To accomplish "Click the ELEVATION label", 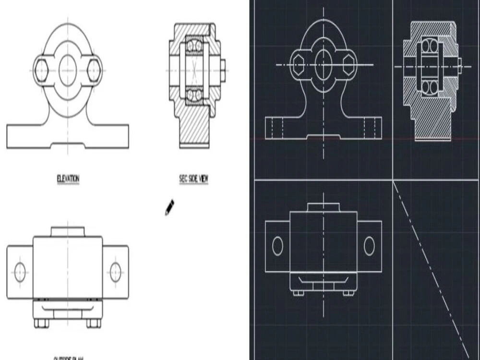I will [x=68, y=179].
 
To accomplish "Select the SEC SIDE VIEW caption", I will [x=194, y=179].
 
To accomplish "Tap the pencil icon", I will [x=169, y=207].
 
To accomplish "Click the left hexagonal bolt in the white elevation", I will [x=41, y=71].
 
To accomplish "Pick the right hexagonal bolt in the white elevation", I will [x=94, y=71].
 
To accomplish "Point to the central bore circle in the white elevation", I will [x=68, y=71].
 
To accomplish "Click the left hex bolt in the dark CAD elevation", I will [x=299, y=64].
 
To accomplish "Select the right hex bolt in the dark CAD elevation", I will [x=349, y=64].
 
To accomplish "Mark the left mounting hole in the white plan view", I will [x=20, y=272].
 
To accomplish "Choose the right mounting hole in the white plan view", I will [x=115, y=272].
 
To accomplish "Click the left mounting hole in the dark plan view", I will [x=277, y=246].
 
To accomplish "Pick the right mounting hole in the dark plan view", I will [x=369, y=246].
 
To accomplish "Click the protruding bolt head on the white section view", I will [x=223, y=70].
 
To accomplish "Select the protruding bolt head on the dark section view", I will [x=459, y=66].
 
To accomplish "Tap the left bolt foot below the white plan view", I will [x=41, y=323].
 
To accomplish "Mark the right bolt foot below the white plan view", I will [x=94, y=323].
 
